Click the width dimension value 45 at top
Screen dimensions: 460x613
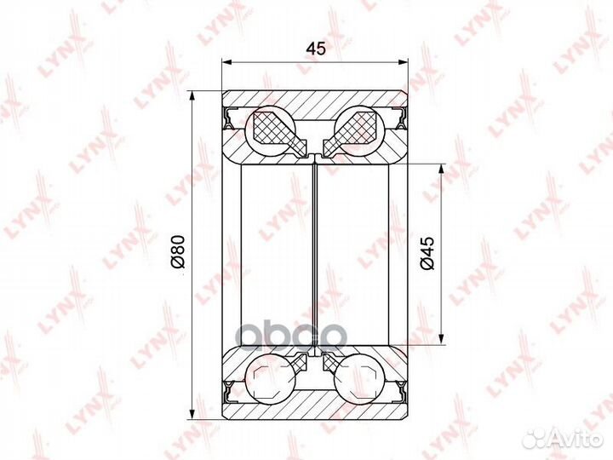[316, 49]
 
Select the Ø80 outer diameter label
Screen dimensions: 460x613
[178, 253]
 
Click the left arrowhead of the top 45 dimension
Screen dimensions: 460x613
[227, 61]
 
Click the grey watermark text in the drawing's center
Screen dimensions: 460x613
[296, 332]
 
